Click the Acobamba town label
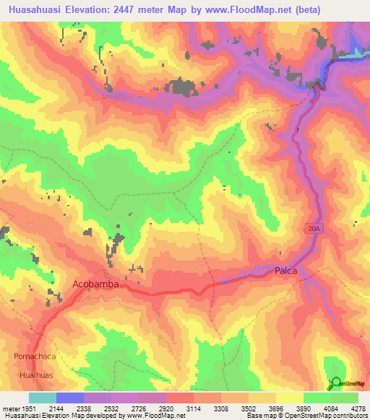pos(95,284)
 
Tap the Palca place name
pos(286,271)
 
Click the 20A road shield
pos(312,227)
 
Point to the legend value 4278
pos(357,408)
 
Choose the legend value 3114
pos(192,408)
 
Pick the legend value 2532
pos(111,408)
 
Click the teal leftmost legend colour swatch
pos(42,398)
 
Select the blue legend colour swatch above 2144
pos(69,398)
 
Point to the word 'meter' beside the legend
pos(13,408)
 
